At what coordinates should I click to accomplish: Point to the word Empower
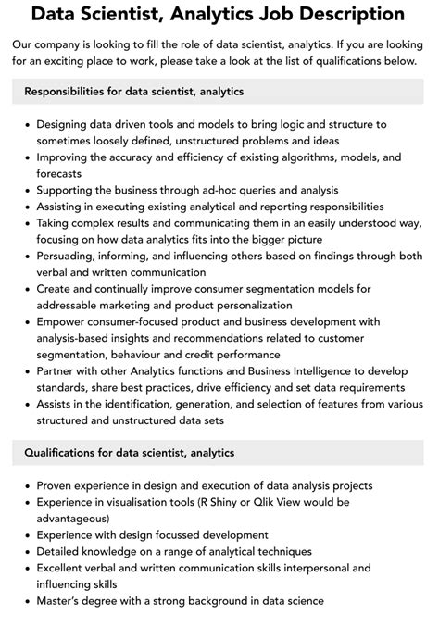pyautogui.click(x=65, y=321)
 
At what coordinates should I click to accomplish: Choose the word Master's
pyautogui.click(x=65, y=600)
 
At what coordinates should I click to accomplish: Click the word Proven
pyautogui.click(x=57, y=485)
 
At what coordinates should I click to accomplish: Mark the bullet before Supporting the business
pyautogui.click(x=28, y=190)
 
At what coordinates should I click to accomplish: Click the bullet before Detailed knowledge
pyautogui.click(x=28, y=551)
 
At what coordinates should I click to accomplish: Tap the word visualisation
pyautogui.click(x=139, y=502)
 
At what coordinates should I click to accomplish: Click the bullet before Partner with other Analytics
pyautogui.click(x=28, y=370)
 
